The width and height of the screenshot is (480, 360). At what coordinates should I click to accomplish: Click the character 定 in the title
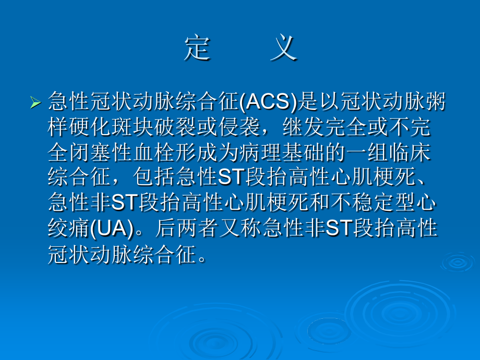tap(198, 50)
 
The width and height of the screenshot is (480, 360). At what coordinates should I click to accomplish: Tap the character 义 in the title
tap(285, 50)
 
